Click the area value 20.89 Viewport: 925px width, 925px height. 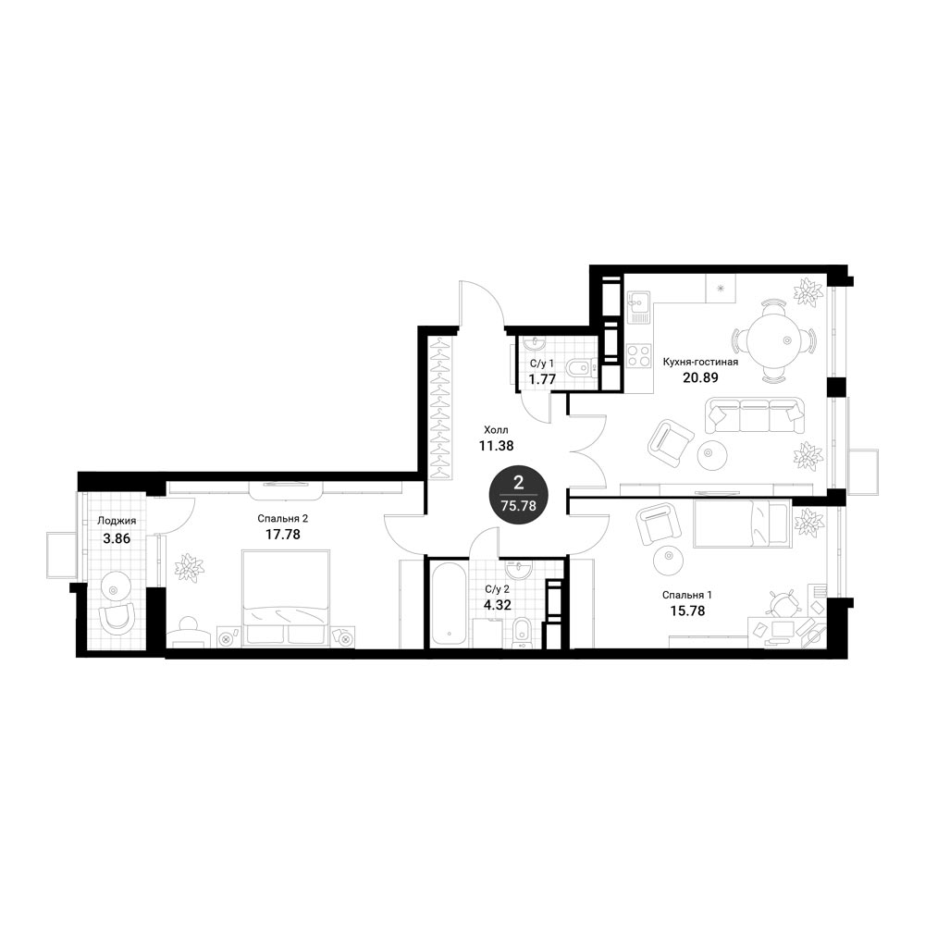[700, 377]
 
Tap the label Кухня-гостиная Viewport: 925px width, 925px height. [700, 362]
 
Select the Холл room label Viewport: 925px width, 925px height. [496, 429]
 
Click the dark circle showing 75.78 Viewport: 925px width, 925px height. [519, 495]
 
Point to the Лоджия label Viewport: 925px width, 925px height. [117, 521]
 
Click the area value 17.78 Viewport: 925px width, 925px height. [282, 535]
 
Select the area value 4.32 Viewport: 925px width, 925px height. [497, 605]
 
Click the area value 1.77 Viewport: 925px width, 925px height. [542, 378]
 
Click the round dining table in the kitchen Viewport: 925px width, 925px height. [773, 340]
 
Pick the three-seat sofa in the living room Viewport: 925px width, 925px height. [755, 415]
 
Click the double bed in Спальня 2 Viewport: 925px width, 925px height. [286, 598]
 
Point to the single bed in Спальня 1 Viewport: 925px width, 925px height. [742, 524]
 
